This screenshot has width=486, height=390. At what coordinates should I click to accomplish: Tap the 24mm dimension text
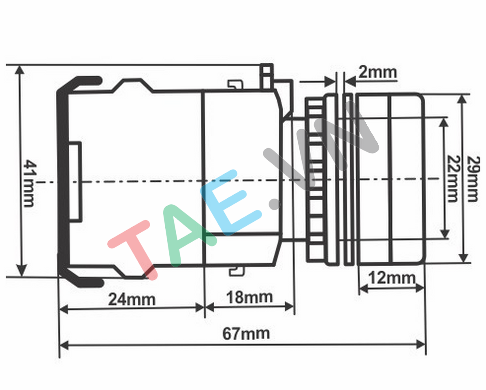click(132, 300)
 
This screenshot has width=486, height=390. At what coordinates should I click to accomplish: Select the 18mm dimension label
click(249, 297)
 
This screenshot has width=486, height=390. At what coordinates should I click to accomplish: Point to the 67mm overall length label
click(246, 334)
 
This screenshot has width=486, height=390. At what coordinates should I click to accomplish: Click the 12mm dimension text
click(392, 278)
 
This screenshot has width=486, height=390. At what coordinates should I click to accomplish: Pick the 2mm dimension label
click(377, 73)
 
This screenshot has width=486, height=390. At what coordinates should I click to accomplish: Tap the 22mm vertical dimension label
click(453, 178)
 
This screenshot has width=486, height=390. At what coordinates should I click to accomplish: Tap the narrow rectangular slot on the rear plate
click(75, 181)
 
